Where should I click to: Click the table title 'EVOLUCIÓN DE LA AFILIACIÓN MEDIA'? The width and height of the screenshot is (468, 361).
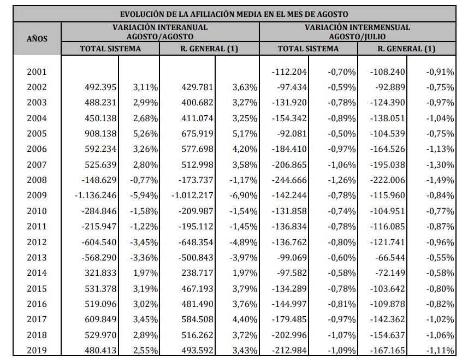234,14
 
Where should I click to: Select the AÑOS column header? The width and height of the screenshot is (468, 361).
37,38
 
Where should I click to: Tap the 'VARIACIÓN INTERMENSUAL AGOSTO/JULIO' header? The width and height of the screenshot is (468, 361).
357,32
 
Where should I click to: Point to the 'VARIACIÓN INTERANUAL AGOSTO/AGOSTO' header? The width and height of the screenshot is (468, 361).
160,32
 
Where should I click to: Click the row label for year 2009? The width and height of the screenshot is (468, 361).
37,196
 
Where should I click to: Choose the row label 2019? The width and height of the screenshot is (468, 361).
37,351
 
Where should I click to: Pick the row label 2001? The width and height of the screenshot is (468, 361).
37,72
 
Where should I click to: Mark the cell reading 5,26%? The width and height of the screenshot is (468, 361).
145,134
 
